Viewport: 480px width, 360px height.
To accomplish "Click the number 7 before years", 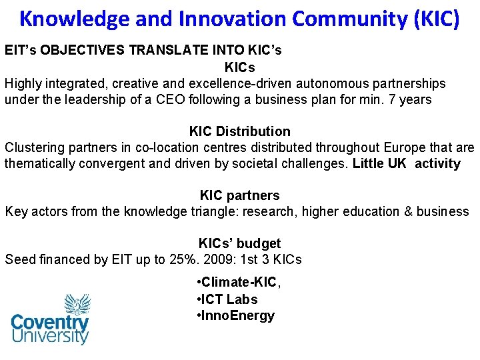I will [395, 100].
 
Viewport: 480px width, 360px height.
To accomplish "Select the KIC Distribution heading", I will [240, 131].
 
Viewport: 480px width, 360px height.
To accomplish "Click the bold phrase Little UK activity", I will [407, 163].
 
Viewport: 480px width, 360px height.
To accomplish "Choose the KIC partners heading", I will [240, 195].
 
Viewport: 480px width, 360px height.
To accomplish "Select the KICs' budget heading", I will [240, 243].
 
